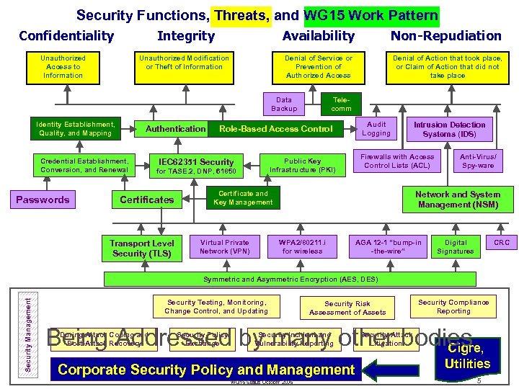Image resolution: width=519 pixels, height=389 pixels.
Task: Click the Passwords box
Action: pyautogui.click(x=43, y=200)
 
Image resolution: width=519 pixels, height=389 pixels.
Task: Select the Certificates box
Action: pyautogui.click(x=146, y=200)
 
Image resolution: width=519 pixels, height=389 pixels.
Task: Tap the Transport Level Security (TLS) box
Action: pyautogui.click(x=141, y=248)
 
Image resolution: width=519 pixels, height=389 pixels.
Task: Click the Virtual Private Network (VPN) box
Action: pyautogui.click(x=224, y=247)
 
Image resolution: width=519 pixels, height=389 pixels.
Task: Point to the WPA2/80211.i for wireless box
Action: pyautogui.click(x=302, y=247)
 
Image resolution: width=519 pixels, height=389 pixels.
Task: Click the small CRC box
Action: pyautogui.click(x=501, y=243)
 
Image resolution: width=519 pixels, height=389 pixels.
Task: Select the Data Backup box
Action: pyautogui.click(x=284, y=104)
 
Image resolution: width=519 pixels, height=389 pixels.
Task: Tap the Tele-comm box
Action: pyautogui.click(x=341, y=104)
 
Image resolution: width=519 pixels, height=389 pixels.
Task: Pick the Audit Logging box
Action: pyautogui.click(x=376, y=129)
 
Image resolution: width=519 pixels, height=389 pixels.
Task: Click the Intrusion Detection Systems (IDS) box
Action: pyautogui.click(x=449, y=129)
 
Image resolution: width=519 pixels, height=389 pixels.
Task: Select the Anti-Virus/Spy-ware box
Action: pyautogui.click(x=477, y=161)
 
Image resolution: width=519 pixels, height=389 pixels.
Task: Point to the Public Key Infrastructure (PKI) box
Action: pyautogui.click(x=303, y=166)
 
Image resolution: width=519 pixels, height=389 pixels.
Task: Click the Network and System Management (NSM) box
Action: pyautogui.click(x=457, y=200)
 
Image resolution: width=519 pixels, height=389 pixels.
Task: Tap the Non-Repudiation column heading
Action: pyautogui.click(x=445, y=36)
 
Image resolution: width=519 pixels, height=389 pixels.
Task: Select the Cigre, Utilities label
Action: pyautogui.click(x=467, y=357)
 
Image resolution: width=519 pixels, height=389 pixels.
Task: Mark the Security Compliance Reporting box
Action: pyautogui.click(x=453, y=307)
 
